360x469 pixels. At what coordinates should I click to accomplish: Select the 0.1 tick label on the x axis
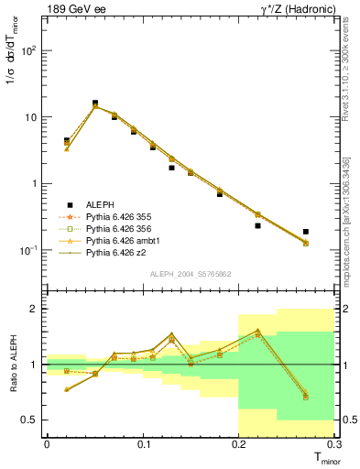click(143, 445)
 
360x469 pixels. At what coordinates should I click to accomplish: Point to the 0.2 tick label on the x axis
click(240, 445)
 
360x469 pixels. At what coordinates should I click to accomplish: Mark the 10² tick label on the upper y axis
click(30, 50)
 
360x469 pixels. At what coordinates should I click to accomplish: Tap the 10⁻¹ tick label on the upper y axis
click(30, 250)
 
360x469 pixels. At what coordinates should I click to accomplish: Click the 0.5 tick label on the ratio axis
click(31, 420)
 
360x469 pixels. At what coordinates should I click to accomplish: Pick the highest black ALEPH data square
click(95, 104)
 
